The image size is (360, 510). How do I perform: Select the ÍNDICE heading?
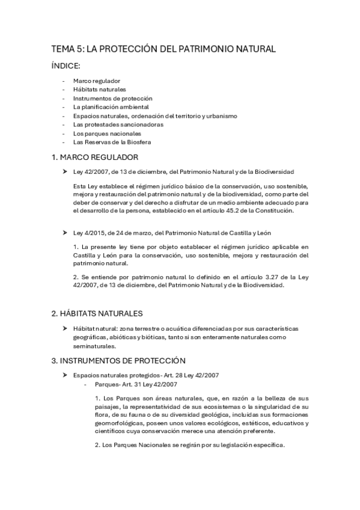pos(70,67)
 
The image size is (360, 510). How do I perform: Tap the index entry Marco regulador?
pos(97,81)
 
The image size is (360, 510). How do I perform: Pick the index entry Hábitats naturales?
pos(99,89)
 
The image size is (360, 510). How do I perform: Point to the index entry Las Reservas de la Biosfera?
pos(112,143)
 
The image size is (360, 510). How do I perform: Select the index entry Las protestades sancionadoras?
pos(118,124)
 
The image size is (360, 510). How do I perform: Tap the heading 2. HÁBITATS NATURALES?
pos(97,313)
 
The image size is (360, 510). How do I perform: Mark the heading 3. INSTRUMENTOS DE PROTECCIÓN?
pos(118,360)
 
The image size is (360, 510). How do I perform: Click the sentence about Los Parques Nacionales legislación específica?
pos(189,445)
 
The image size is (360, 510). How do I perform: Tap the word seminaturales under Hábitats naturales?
pos(93,346)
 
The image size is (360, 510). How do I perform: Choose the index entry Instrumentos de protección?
pos(113,98)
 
